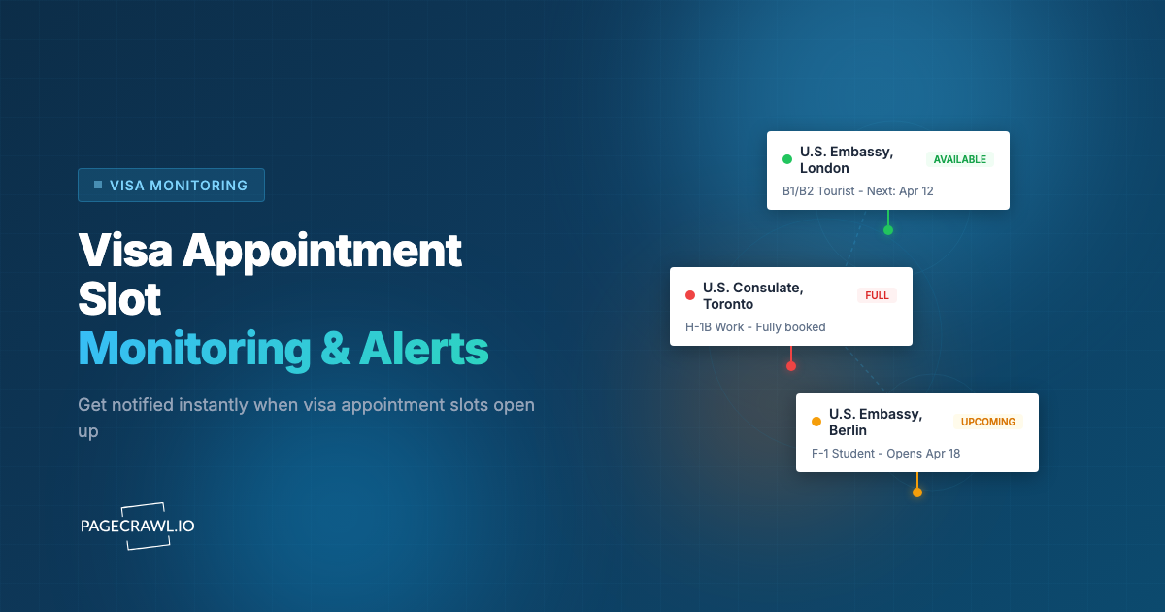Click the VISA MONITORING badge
click(x=171, y=185)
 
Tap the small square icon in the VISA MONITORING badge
click(x=98, y=185)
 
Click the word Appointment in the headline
click(x=322, y=252)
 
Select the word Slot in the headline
click(x=119, y=300)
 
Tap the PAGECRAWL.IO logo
click(x=137, y=526)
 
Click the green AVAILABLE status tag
click(x=959, y=159)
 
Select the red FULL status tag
click(x=877, y=295)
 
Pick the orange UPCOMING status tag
click(x=988, y=422)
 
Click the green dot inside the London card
click(x=787, y=159)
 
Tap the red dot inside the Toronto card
click(x=690, y=295)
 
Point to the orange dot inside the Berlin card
click(x=816, y=422)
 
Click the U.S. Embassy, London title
click(x=846, y=160)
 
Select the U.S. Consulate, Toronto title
click(x=752, y=296)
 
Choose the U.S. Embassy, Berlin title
click(x=875, y=423)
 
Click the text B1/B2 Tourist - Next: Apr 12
click(x=857, y=191)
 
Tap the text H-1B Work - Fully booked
click(x=755, y=327)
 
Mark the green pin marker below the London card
click(x=888, y=230)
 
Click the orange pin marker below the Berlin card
click(x=917, y=493)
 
